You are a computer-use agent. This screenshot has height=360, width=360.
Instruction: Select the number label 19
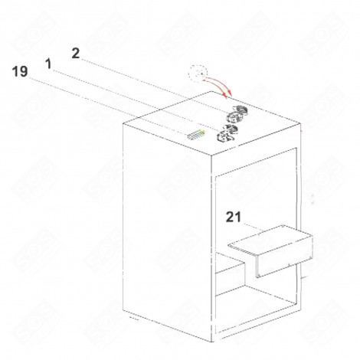click(x=21, y=73)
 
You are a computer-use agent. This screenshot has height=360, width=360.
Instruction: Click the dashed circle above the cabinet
click(x=199, y=75)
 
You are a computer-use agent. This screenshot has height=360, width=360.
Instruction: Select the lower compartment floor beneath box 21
click(x=253, y=306)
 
